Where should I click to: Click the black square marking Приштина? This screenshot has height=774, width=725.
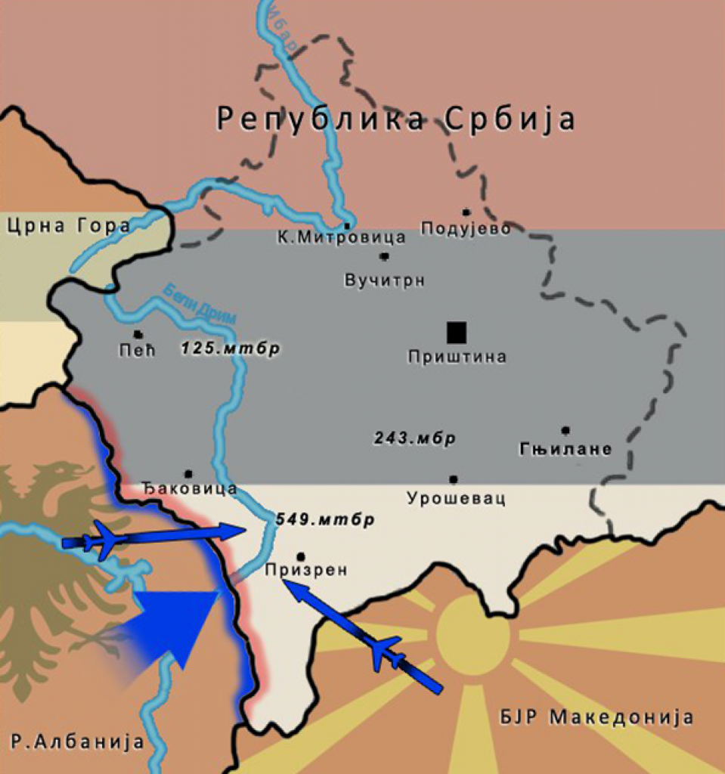[456, 333]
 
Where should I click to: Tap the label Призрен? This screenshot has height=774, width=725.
[306, 570]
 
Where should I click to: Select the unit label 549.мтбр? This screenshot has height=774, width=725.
[325, 520]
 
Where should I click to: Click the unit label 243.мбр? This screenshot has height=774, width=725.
[415, 438]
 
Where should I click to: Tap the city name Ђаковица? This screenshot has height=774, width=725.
[190, 489]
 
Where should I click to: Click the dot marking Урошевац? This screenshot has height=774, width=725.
[454, 479]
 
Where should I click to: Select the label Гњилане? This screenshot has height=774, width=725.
[565, 450]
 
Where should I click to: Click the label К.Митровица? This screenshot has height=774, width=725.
[342, 237]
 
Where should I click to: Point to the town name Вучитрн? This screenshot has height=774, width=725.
[384, 280]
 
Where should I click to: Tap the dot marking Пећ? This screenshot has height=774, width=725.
[138, 334]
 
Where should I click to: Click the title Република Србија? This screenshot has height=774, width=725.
[396, 119]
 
